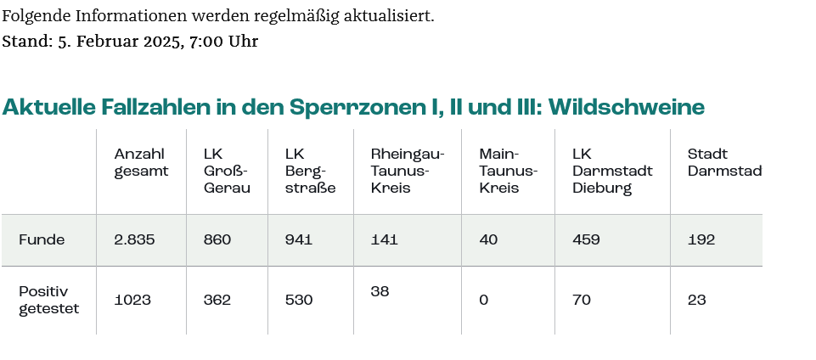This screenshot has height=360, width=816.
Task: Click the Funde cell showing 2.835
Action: [x=134, y=240]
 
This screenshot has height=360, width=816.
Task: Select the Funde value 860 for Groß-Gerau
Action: [x=217, y=240]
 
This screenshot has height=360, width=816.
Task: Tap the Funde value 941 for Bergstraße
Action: [x=299, y=240]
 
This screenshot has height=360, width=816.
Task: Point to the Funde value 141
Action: [x=385, y=240]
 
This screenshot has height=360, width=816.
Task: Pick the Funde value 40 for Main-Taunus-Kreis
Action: [x=488, y=240]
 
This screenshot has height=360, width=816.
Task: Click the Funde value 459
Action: [x=586, y=240]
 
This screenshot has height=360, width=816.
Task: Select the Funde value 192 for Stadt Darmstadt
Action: [x=701, y=240]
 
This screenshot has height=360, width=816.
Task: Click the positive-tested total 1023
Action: [x=134, y=300]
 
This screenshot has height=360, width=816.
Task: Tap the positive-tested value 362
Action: [x=217, y=300]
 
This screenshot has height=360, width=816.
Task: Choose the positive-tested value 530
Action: [x=299, y=300]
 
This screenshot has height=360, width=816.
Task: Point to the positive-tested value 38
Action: [x=380, y=291]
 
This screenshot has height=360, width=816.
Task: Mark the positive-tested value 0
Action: [x=483, y=300]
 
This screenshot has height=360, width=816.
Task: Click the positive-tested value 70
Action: [x=582, y=300]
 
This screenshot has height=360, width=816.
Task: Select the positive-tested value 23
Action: [x=697, y=300]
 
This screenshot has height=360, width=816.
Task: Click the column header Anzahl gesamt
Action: [x=141, y=162]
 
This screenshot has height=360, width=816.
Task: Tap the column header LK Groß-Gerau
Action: [x=227, y=171]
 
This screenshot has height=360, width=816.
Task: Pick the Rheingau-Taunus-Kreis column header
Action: [x=408, y=171]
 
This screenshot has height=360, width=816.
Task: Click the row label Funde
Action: [x=42, y=240]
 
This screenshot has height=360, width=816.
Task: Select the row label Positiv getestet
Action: [x=48, y=300]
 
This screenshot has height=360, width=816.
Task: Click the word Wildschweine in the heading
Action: [x=627, y=107]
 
